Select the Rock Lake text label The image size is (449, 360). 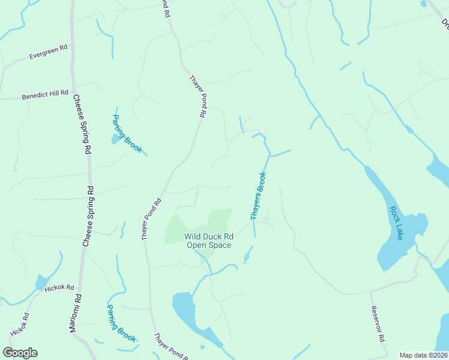pos(396,223)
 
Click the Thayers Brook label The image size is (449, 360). pos(258,196)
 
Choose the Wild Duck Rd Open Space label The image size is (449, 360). pos(208,241)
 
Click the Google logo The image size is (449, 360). pos(20,353)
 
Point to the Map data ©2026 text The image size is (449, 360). pos(424,355)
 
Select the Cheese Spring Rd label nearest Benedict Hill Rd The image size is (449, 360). pos(82,124)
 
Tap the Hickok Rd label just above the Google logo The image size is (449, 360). pos(19,325)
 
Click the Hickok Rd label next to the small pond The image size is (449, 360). pos(59,289)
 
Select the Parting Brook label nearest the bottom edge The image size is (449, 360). pos(122,322)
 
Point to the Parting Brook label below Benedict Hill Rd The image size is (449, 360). pos(128,133)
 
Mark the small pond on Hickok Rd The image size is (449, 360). pos(41,282)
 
